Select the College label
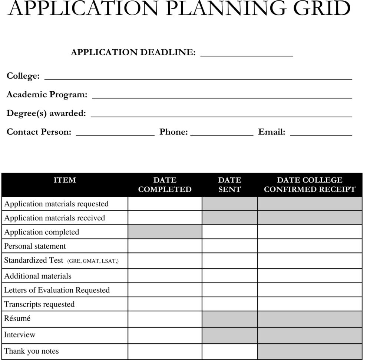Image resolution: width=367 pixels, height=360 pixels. [x=23, y=76]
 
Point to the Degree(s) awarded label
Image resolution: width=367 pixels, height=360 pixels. [x=46, y=113]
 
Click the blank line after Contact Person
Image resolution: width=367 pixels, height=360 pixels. [x=115, y=134]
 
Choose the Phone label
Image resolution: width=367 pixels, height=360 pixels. [x=173, y=132]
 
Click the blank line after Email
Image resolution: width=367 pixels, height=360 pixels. [x=321, y=134]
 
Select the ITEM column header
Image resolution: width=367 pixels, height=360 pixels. [x=65, y=180]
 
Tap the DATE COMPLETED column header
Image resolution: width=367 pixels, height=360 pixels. [x=165, y=185]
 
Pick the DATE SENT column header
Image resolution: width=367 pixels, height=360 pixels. [x=229, y=185]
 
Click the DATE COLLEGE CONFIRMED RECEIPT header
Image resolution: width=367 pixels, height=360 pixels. [x=310, y=185]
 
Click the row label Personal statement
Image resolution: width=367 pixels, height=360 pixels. [x=35, y=246]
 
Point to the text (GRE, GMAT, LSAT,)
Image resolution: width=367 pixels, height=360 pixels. [x=93, y=261]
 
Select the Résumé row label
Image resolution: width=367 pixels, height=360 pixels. [x=17, y=318]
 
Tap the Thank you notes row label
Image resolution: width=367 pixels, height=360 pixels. [x=31, y=351]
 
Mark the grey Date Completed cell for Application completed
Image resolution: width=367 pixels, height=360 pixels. [x=165, y=232]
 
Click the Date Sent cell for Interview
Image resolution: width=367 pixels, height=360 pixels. [x=229, y=335]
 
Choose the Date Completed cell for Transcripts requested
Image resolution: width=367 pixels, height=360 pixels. [x=165, y=304]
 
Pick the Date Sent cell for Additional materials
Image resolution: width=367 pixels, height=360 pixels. [x=229, y=276]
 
